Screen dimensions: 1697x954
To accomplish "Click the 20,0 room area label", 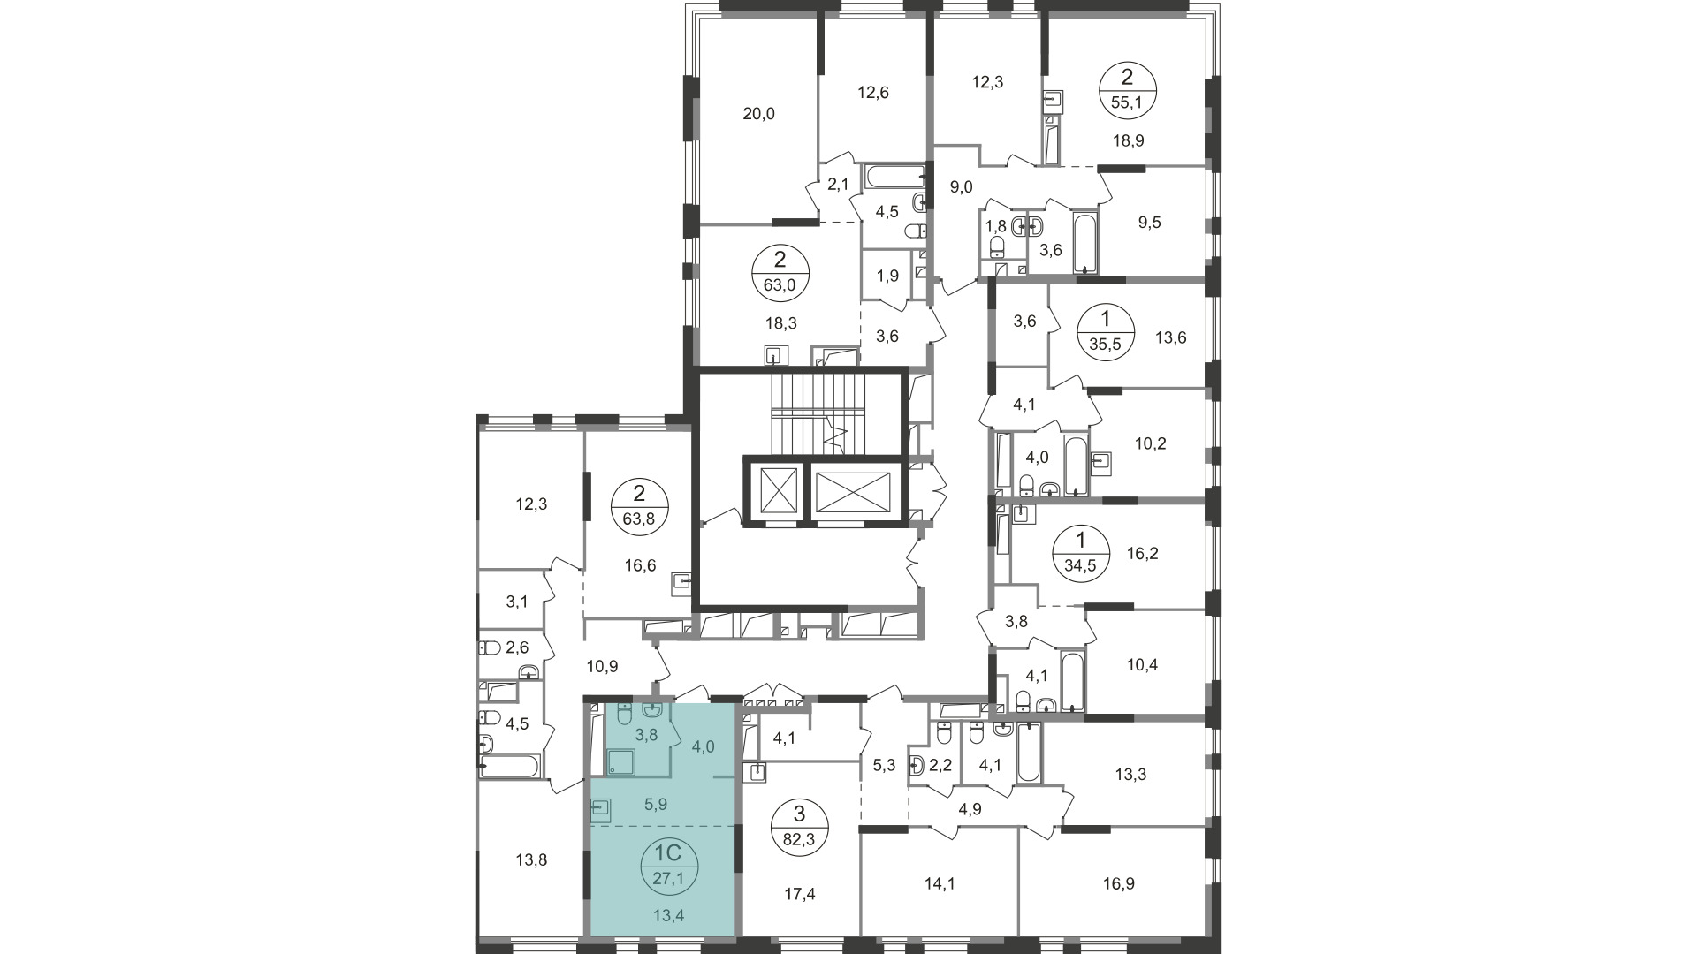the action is tap(758, 113).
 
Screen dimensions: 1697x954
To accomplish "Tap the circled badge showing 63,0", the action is tap(780, 273).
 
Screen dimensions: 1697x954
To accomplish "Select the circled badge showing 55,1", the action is tap(1126, 90).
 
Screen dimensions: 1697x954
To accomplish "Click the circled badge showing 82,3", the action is tap(799, 827).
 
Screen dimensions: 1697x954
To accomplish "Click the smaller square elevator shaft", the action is tap(773, 490).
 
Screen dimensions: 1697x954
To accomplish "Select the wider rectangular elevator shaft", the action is tap(853, 490).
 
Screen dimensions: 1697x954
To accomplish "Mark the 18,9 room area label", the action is tap(1128, 140).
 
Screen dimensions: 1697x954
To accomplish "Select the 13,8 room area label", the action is tap(531, 859).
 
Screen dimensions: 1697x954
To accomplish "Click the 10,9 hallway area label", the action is tap(603, 666).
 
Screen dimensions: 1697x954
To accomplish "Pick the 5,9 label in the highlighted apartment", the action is tap(655, 805).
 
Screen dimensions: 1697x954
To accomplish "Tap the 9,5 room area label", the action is tap(1149, 223).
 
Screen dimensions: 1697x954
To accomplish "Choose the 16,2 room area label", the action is tap(1143, 554).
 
